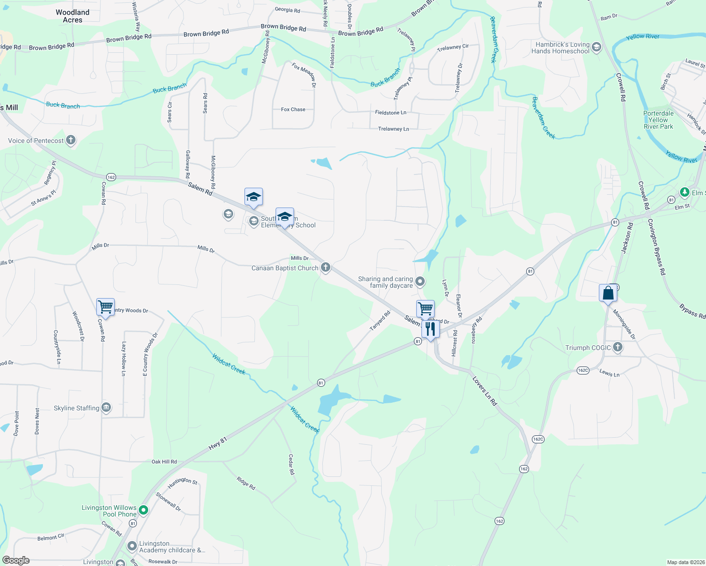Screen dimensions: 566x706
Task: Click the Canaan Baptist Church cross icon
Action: (325, 267)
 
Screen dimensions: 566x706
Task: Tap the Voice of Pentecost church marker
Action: (71, 140)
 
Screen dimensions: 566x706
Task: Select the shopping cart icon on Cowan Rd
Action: (105, 307)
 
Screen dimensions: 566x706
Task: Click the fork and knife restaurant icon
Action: (430, 328)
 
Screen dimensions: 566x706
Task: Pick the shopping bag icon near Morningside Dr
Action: (608, 293)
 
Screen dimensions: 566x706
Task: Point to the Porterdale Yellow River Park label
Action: (658, 120)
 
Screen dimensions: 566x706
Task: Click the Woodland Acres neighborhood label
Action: (73, 16)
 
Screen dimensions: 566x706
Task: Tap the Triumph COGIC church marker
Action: (617, 348)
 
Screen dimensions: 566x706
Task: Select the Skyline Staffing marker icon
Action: (106, 408)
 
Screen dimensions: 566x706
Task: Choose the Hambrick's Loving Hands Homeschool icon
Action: (596, 47)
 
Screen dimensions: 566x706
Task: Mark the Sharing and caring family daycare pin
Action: (420, 282)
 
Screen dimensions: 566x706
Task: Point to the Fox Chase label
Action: (293, 109)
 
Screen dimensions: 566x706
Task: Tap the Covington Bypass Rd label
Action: (656, 247)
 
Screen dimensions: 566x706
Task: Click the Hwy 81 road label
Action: (218, 443)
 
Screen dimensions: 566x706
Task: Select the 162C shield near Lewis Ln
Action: (583, 370)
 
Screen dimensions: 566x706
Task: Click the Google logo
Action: (16, 560)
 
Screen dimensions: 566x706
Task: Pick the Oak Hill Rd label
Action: (164, 462)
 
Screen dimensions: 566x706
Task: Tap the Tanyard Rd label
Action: (380, 321)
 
